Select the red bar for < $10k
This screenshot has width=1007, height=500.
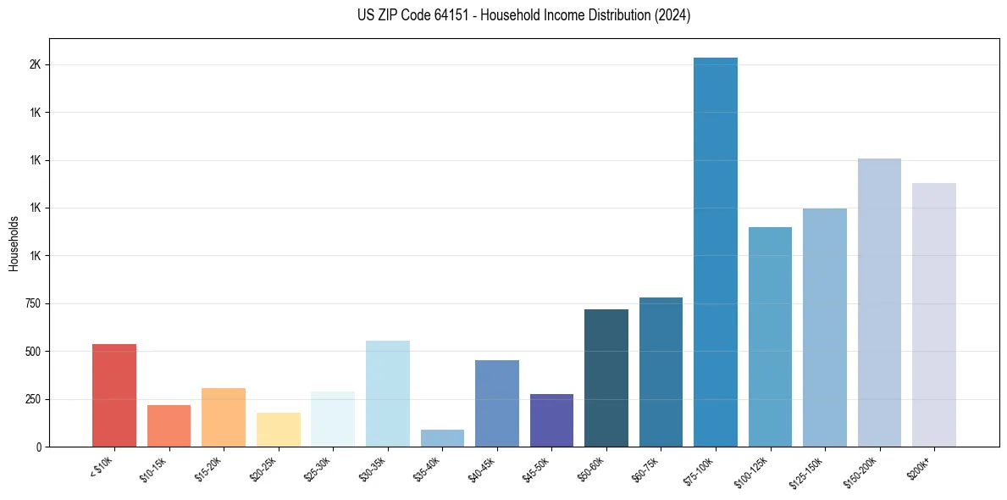[114, 395]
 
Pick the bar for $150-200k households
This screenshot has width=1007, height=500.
[879, 303]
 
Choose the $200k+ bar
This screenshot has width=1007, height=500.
[934, 314]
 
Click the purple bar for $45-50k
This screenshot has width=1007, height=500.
[551, 420]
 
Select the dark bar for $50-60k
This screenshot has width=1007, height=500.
[606, 378]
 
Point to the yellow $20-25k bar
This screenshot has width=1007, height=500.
[279, 430]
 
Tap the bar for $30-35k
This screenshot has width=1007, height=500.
[388, 393]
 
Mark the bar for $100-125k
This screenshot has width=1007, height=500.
[770, 336]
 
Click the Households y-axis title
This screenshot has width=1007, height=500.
[14, 243]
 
